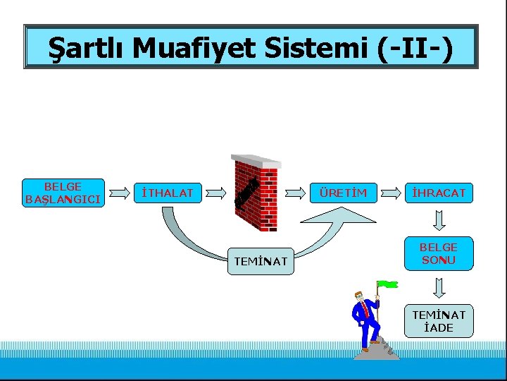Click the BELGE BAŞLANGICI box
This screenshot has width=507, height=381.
point(63,193)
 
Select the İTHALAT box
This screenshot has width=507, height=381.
point(168,193)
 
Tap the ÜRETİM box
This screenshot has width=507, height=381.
point(343,193)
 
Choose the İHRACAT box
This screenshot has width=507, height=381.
point(439,193)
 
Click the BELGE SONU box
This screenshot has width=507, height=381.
point(439,253)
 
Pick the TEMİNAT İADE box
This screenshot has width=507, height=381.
point(439,321)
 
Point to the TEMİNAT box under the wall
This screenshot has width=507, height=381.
point(261,262)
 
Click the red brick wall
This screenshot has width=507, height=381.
point(256,194)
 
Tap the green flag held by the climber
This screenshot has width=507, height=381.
point(388,284)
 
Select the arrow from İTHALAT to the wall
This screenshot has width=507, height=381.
point(217,193)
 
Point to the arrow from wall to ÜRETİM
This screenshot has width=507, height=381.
point(296,193)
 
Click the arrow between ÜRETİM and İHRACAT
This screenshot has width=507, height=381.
point(392,193)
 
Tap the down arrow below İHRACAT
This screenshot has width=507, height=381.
point(439,222)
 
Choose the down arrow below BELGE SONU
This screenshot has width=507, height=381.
point(439,287)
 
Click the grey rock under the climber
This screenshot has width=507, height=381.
point(377,351)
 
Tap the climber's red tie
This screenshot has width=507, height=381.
point(365,311)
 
